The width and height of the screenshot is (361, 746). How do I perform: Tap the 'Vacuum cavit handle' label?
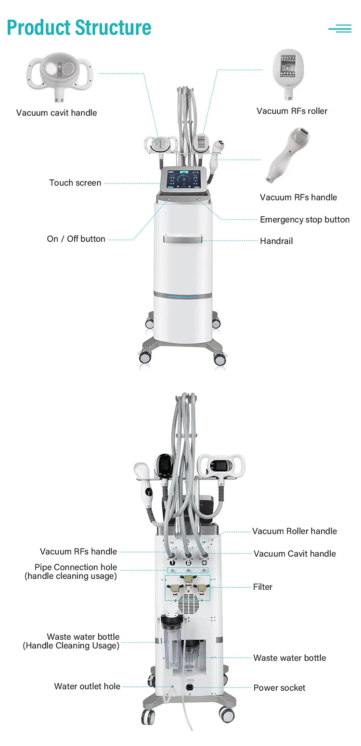click(x=56, y=113)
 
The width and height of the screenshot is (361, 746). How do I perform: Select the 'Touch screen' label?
click(x=75, y=183)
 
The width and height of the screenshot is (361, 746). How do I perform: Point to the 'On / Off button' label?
click(x=76, y=239)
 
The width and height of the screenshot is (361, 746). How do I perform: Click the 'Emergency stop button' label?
click(x=305, y=220)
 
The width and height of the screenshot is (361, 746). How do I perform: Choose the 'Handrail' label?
click(x=276, y=241)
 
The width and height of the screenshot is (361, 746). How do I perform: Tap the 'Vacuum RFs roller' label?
click(x=292, y=111)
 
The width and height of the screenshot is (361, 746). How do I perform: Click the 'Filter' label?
click(x=263, y=587)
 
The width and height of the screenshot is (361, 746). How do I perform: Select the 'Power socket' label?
click(x=279, y=688)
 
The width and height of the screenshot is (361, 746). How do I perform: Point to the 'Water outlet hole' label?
click(x=87, y=686)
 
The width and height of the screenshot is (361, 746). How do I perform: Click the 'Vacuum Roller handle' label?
click(x=295, y=531)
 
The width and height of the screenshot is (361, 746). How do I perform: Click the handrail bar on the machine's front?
click(x=183, y=239)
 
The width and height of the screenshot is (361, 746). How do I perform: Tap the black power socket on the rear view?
click(x=190, y=687)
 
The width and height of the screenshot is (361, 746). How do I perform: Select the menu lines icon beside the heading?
click(x=340, y=28)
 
